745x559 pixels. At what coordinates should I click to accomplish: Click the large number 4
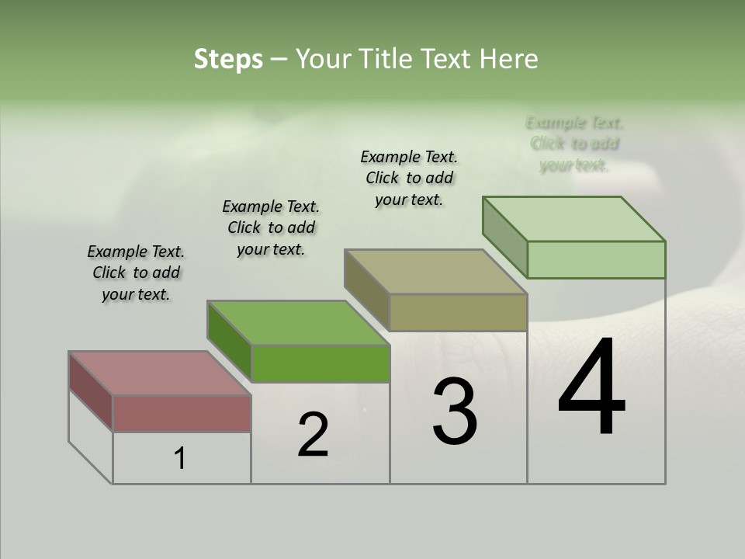(591, 388)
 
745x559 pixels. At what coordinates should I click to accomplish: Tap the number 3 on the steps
(455, 411)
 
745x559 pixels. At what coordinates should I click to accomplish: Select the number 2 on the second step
(313, 435)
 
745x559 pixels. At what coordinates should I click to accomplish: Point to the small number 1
(180, 459)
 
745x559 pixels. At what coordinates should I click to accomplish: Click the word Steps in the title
(228, 59)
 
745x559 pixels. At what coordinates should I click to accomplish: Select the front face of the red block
(182, 413)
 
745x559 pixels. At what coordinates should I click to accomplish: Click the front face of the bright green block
(320, 363)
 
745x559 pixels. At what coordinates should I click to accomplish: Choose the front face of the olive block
(458, 312)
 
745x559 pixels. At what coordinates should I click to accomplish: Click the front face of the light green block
(596, 259)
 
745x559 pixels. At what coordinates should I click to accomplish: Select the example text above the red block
(136, 273)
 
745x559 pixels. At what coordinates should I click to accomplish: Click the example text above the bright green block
(271, 227)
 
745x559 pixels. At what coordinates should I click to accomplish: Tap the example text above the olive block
(409, 178)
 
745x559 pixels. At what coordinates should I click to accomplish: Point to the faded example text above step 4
(574, 144)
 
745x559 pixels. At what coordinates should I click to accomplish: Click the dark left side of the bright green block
(229, 342)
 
